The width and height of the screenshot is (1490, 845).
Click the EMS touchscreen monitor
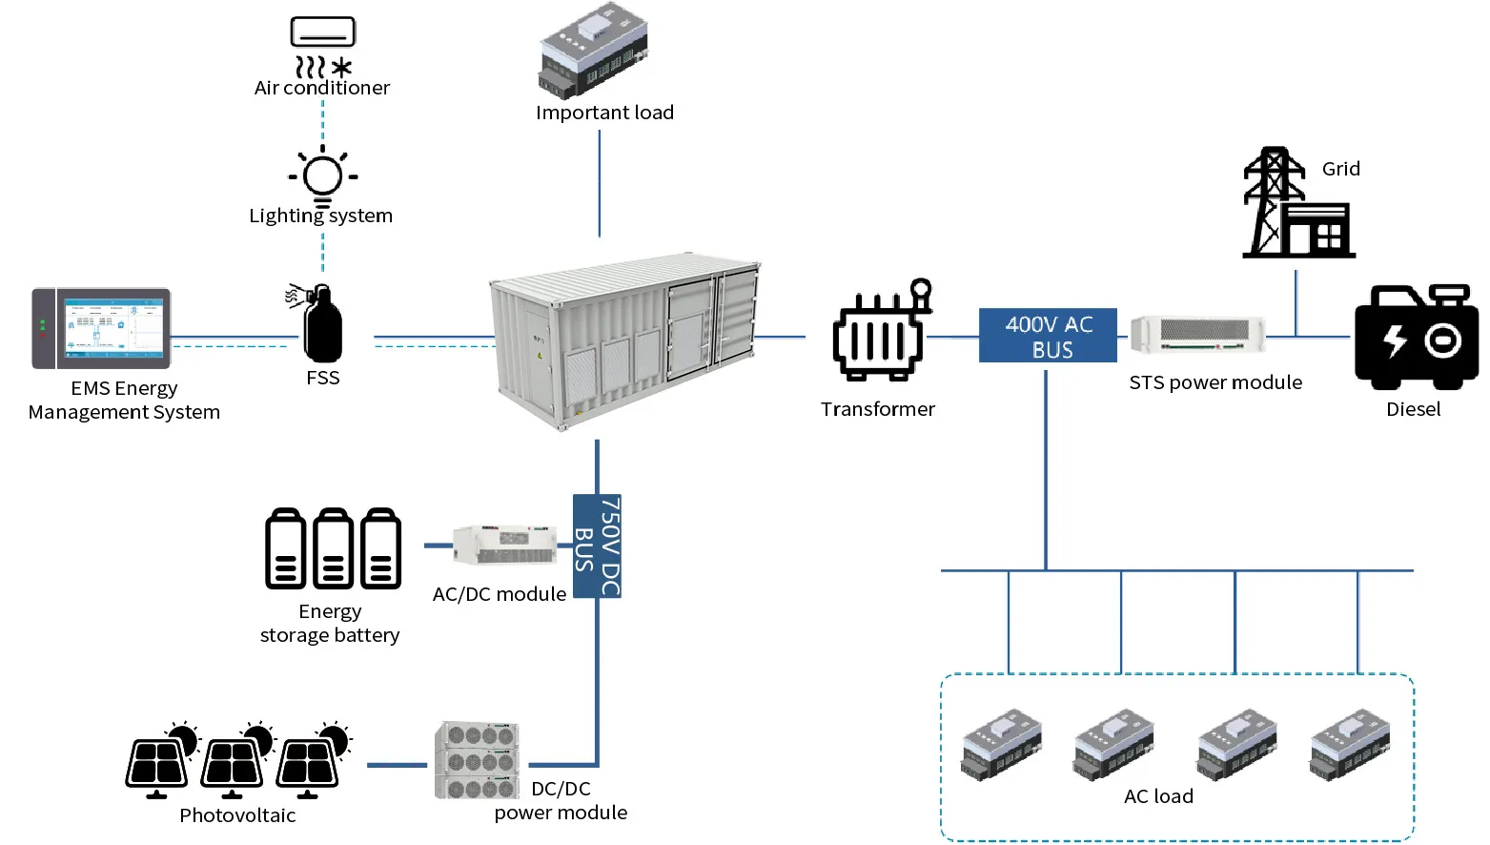point(101,328)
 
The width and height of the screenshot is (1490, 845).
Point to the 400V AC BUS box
point(1048,336)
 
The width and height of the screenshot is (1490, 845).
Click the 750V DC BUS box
point(597,546)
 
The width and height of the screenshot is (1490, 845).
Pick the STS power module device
point(1197,335)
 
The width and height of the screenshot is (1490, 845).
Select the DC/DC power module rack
point(478,759)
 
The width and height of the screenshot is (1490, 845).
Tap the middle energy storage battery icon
point(334,548)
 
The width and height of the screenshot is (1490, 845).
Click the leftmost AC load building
point(1000,744)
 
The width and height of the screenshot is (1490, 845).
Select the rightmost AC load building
point(1349,744)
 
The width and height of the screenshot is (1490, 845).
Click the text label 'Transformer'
point(877,409)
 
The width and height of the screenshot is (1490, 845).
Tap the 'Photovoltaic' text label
point(237,815)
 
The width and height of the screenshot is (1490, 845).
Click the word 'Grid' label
point(1340,169)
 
